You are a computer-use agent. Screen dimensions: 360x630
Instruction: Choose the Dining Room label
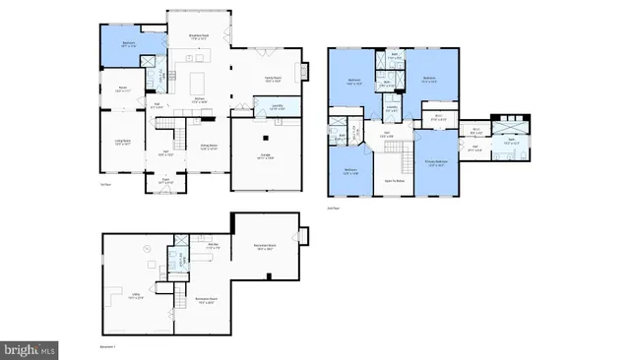coord(209,149)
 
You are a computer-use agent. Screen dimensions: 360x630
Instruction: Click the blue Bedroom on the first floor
coord(128,44)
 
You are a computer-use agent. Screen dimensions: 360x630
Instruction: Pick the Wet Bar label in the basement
coord(212,247)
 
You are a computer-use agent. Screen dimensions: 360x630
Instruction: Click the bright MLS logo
coord(31,348)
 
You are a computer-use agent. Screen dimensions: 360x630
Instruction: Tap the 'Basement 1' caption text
coord(108,347)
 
